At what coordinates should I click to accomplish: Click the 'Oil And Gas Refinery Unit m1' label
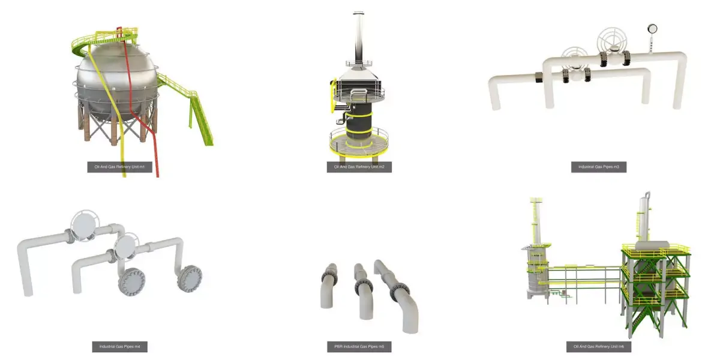tap(119, 167)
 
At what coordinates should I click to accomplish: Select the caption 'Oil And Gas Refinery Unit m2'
tap(359, 167)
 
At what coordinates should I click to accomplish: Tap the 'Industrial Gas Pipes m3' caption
tap(598, 167)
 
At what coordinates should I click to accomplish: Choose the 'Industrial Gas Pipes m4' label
tap(119, 347)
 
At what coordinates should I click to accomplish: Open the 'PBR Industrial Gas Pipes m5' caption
tap(359, 347)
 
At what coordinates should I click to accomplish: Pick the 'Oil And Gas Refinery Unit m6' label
tap(598, 347)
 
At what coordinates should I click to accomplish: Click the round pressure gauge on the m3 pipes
tap(652, 28)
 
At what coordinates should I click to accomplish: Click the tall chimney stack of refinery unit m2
tap(358, 39)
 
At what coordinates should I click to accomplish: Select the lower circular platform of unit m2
tap(358, 143)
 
